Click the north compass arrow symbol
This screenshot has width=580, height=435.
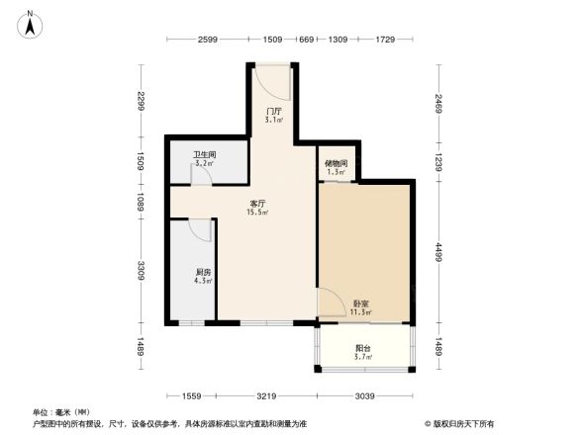[x=31, y=24]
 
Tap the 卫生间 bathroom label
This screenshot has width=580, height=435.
[x=205, y=157]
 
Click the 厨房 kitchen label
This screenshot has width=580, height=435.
[x=203, y=274]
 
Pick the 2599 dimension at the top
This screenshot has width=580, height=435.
[x=207, y=40]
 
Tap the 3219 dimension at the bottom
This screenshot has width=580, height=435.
[x=263, y=395]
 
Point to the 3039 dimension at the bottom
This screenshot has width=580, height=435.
[x=363, y=395]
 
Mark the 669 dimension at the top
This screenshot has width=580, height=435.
[x=306, y=40]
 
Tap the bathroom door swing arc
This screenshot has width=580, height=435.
[x=201, y=176]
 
